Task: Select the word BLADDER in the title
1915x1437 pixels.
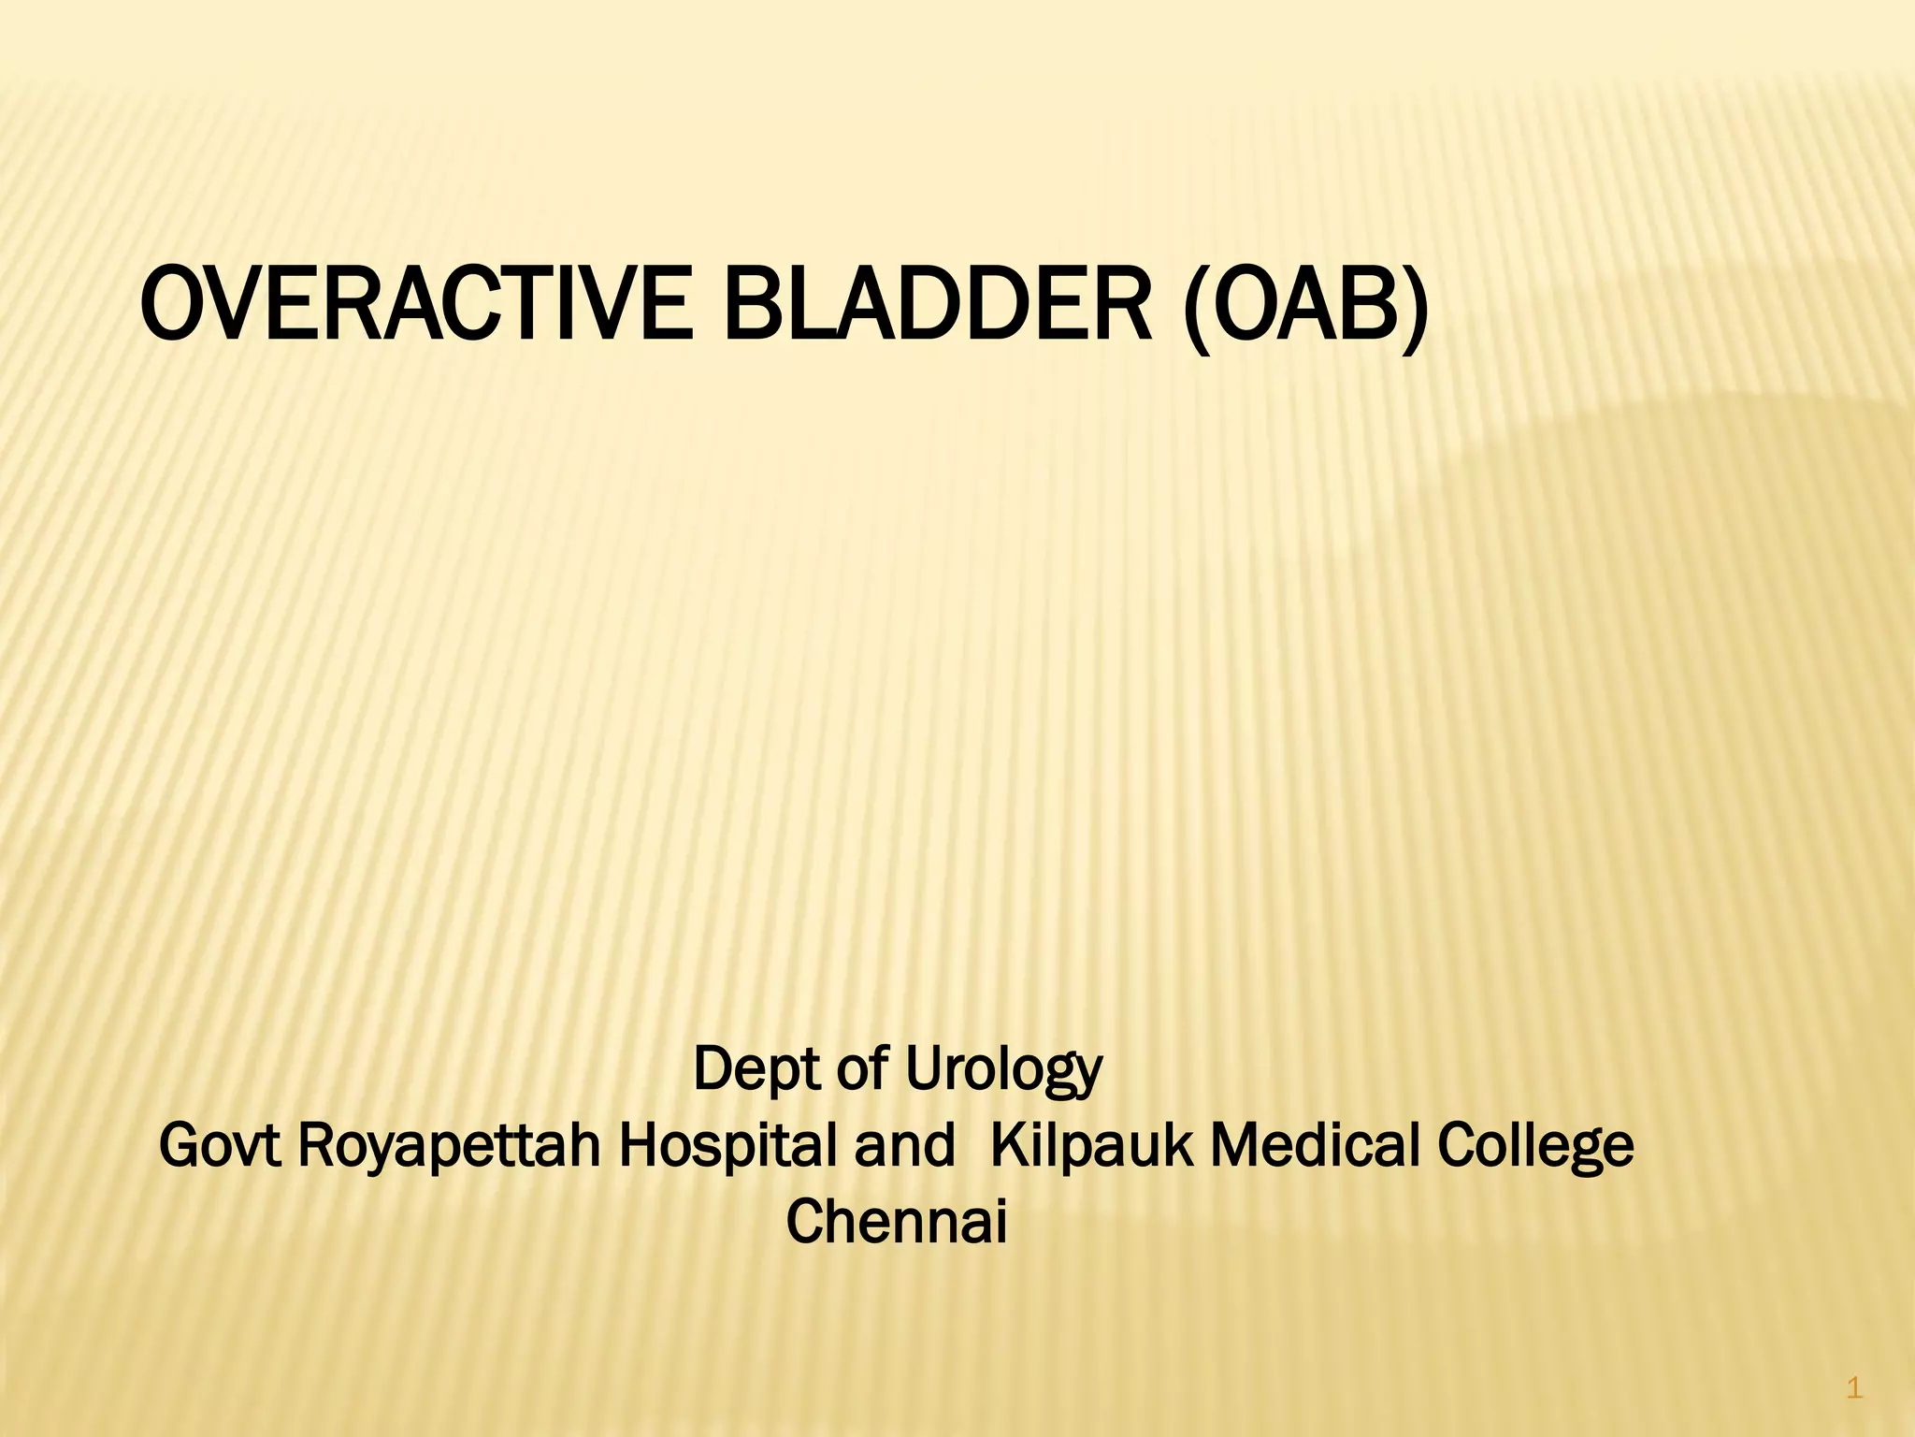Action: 938,304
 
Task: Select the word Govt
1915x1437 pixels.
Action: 220,1146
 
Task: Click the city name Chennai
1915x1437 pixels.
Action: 897,1222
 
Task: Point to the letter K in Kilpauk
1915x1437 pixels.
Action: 1006,1146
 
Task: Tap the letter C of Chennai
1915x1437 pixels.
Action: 803,1222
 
